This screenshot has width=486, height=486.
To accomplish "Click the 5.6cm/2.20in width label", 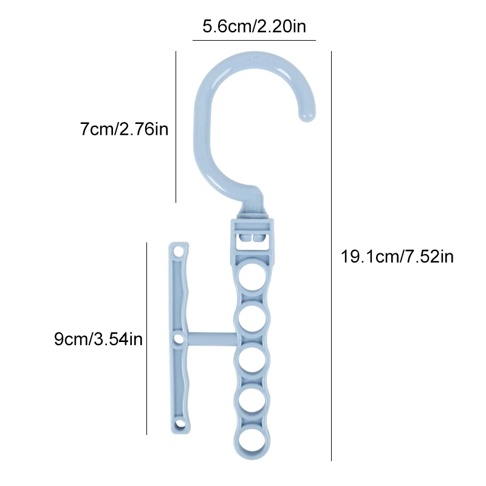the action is pos(254,26).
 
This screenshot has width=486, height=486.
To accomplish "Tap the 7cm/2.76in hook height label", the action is pos(124,129).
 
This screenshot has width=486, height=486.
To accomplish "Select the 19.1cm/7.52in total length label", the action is pos(397,256).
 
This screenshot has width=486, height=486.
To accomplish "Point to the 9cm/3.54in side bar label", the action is pos(98,339).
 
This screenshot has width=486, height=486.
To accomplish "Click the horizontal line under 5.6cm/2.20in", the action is pos(254,40).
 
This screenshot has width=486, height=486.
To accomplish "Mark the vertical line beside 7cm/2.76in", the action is pos(176,127).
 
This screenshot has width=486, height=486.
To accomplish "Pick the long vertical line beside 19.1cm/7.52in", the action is pos(331,256).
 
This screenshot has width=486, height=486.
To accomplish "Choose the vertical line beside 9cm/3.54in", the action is pos(146,338).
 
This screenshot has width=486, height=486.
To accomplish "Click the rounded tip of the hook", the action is pos(307,115).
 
